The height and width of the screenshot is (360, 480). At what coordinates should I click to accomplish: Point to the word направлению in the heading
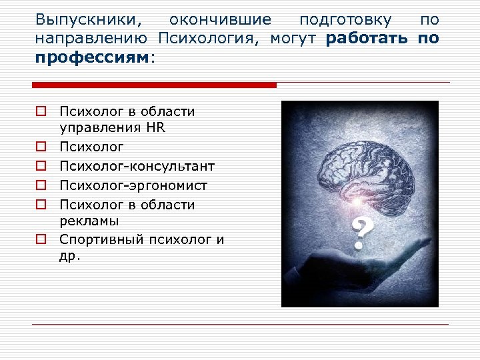[93, 39]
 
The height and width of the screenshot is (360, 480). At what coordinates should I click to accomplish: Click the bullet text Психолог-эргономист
[133, 185]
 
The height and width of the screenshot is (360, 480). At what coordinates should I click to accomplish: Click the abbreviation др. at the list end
[69, 256]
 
